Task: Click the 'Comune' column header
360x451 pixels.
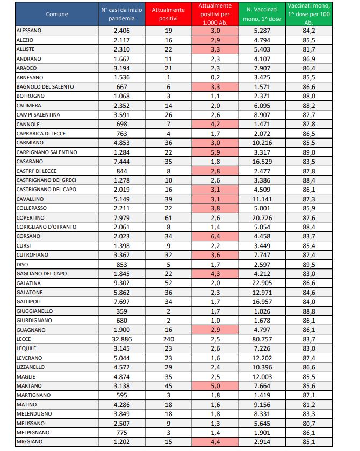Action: coord(57,14)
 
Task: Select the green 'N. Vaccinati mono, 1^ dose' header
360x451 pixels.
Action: coord(264,14)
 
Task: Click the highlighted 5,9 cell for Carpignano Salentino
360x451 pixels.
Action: coord(216,152)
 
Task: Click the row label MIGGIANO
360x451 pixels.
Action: coord(29,441)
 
